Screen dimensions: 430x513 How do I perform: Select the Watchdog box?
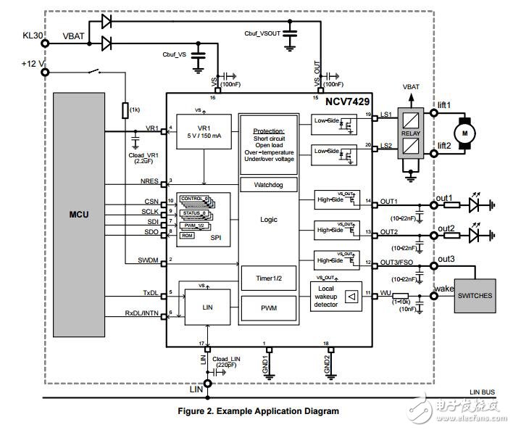click(x=267, y=184)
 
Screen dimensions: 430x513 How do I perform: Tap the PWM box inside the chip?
click(x=267, y=309)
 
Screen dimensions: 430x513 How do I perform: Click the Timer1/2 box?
click(x=267, y=278)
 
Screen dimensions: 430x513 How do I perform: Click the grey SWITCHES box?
click(x=474, y=295)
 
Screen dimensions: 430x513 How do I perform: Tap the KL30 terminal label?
click(x=33, y=33)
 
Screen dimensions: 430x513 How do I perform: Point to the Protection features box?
click(x=268, y=143)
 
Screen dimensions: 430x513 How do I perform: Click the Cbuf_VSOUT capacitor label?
click(x=264, y=33)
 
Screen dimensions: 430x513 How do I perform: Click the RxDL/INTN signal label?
click(x=141, y=313)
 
